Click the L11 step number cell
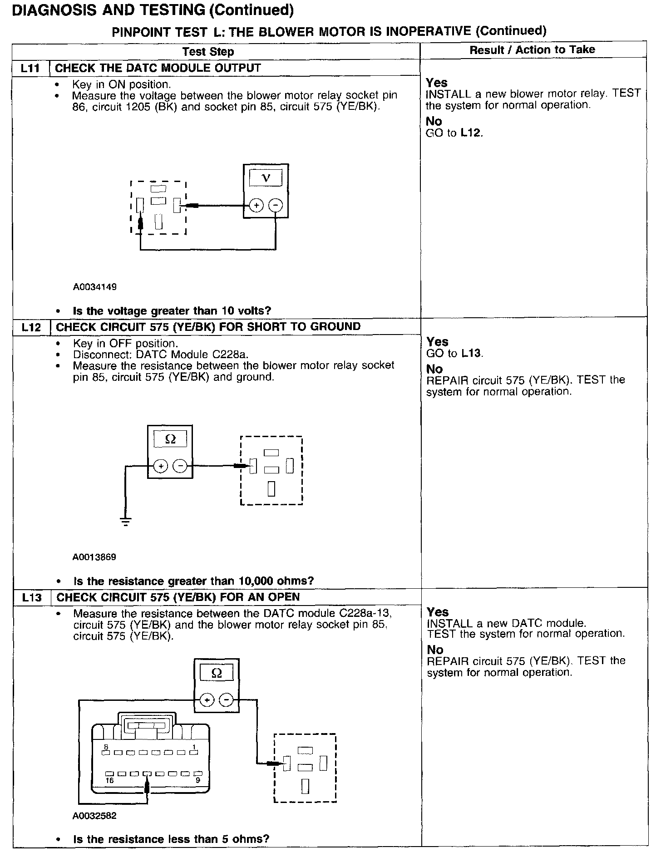click(30, 69)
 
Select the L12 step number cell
click(31, 327)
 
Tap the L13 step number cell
click(31, 597)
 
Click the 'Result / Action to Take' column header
click(532, 50)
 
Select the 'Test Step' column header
click(208, 52)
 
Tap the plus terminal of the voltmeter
click(256, 206)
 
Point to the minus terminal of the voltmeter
click(276, 206)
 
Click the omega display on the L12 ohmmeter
click(170, 439)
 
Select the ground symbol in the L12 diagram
click(126, 521)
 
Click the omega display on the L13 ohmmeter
click(217, 673)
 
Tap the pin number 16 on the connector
click(109, 781)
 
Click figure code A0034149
click(95, 287)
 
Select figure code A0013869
click(94, 557)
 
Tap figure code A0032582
click(94, 816)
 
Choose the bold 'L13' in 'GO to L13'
click(472, 353)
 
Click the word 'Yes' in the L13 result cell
click(437, 612)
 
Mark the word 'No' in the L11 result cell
click(434, 121)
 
